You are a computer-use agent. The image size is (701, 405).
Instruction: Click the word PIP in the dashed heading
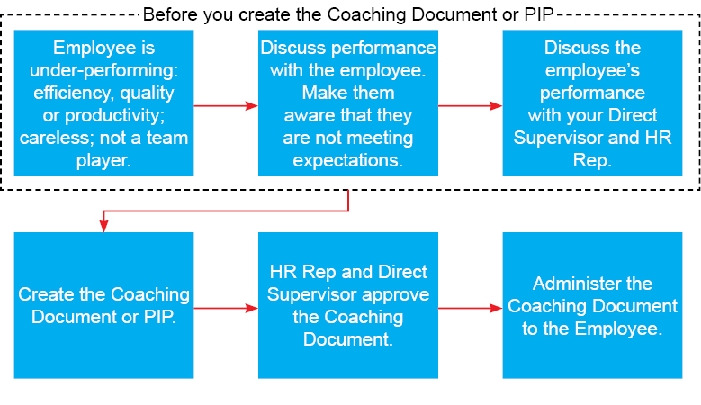pos(540,14)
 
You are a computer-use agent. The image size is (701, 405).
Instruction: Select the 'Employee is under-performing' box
pos(103,103)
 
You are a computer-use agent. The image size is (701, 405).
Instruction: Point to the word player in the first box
pos(103,160)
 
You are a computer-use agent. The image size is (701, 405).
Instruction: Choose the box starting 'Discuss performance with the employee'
pos(348,103)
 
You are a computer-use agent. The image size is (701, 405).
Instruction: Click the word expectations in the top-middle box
pos(348,160)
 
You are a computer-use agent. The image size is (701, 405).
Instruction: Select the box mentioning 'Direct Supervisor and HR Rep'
pos(592,103)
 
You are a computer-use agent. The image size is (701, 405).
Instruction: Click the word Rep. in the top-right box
pos(592,160)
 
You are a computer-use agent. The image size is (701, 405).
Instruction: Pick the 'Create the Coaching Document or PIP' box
pos(103,305)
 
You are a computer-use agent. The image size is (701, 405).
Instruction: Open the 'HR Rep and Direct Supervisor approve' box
pos(348,305)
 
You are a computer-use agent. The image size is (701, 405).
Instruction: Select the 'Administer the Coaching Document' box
pos(592,305)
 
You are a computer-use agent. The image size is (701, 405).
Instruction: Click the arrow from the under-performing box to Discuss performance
pos(226,106)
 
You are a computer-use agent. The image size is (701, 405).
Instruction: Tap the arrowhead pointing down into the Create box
pos(103,226)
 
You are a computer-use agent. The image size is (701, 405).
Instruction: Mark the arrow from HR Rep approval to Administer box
pos(471,308)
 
